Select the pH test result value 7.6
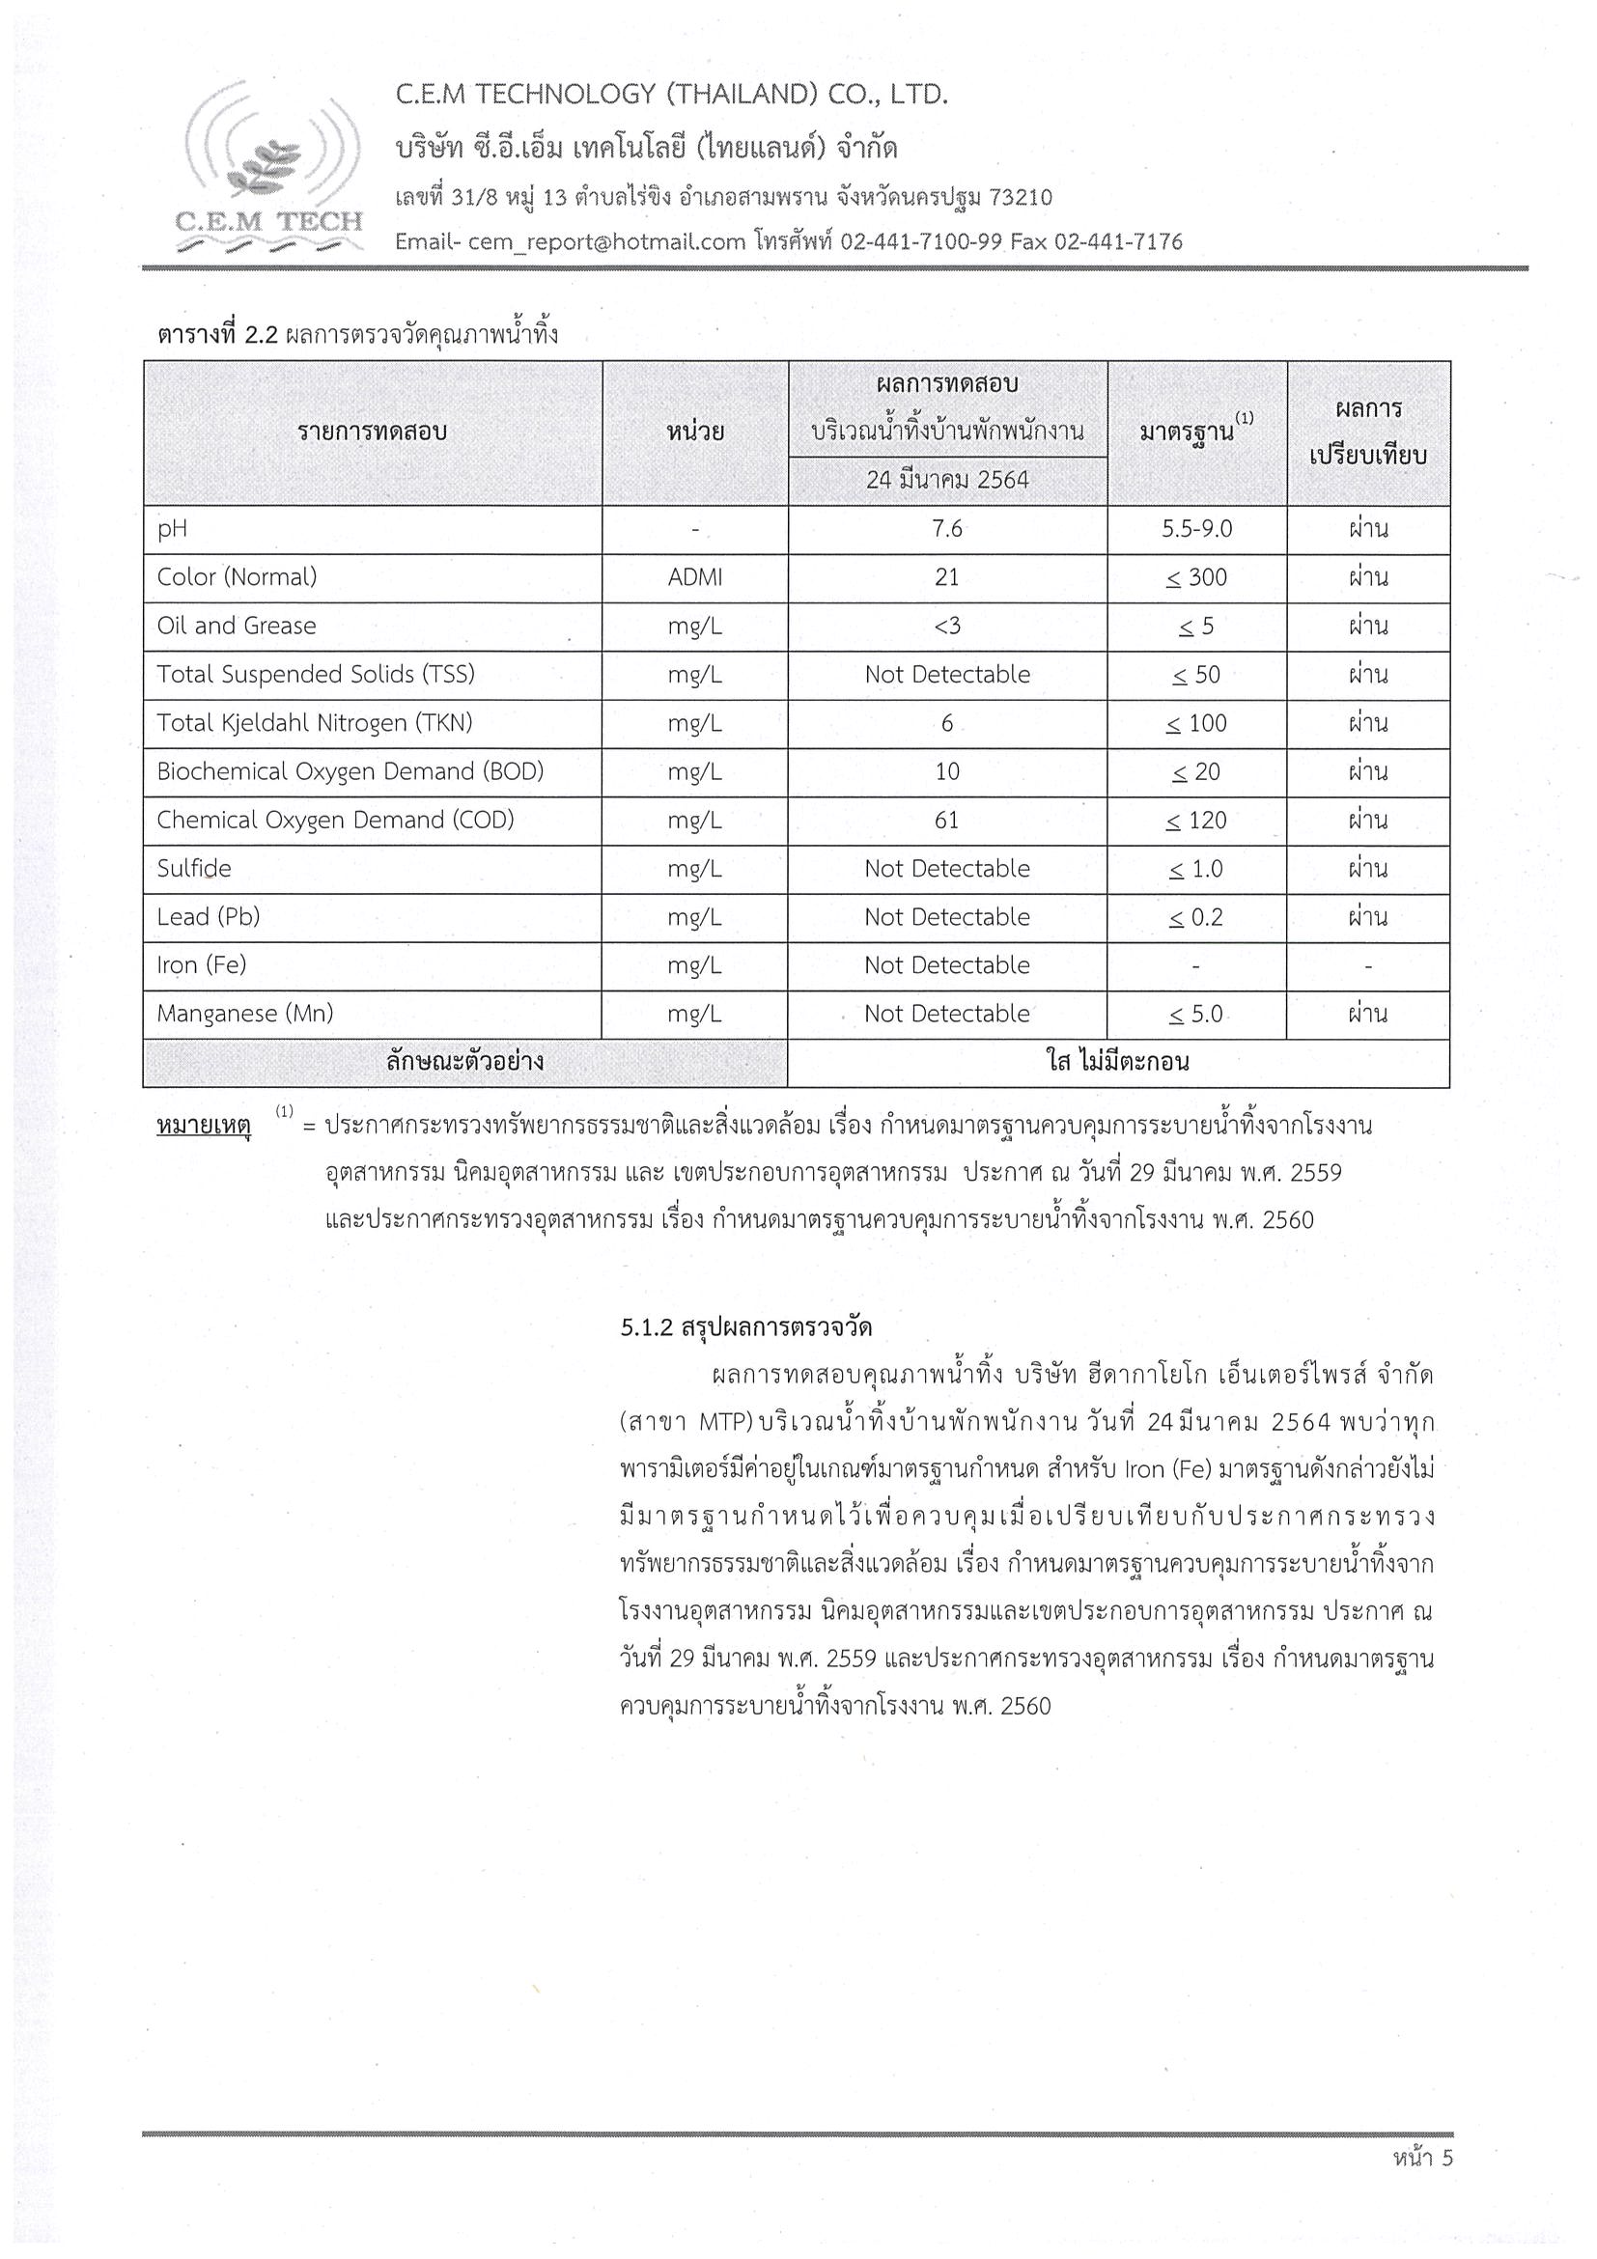point(946,529)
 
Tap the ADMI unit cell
point(694,577)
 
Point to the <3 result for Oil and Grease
point(946,626)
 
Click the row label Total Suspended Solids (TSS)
point(316,674)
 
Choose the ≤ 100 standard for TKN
point(1195,723)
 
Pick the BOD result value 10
point(946,771)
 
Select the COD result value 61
point(946,820)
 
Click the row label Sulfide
point(194,868)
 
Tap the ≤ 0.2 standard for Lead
point(1195,917)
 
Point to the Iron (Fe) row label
point(202,965)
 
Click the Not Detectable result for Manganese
point(946,1014)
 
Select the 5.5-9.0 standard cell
point(1196,529)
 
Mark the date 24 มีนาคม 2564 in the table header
point(946,480)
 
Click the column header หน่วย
point(694,432)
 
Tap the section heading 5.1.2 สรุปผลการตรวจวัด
point(745,1327)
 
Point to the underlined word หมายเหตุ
point(204,1124)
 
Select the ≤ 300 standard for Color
point(1195,577)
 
